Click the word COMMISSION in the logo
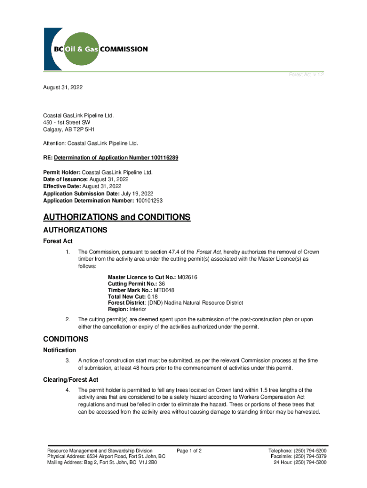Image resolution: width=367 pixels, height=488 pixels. click(123, 49)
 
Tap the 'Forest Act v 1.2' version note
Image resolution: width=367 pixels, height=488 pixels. click(307, 75)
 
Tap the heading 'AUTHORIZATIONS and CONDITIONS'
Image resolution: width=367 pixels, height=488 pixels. click(117, 217)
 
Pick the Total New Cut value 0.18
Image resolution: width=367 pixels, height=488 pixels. click(153, 296)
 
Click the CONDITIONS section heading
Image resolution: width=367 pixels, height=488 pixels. click(66, 339)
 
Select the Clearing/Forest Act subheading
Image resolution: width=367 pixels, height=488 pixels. click(71, 380)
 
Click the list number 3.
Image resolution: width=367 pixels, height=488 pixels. click(68, 360)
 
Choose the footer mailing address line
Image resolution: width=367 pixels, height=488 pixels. click(102, 462)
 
